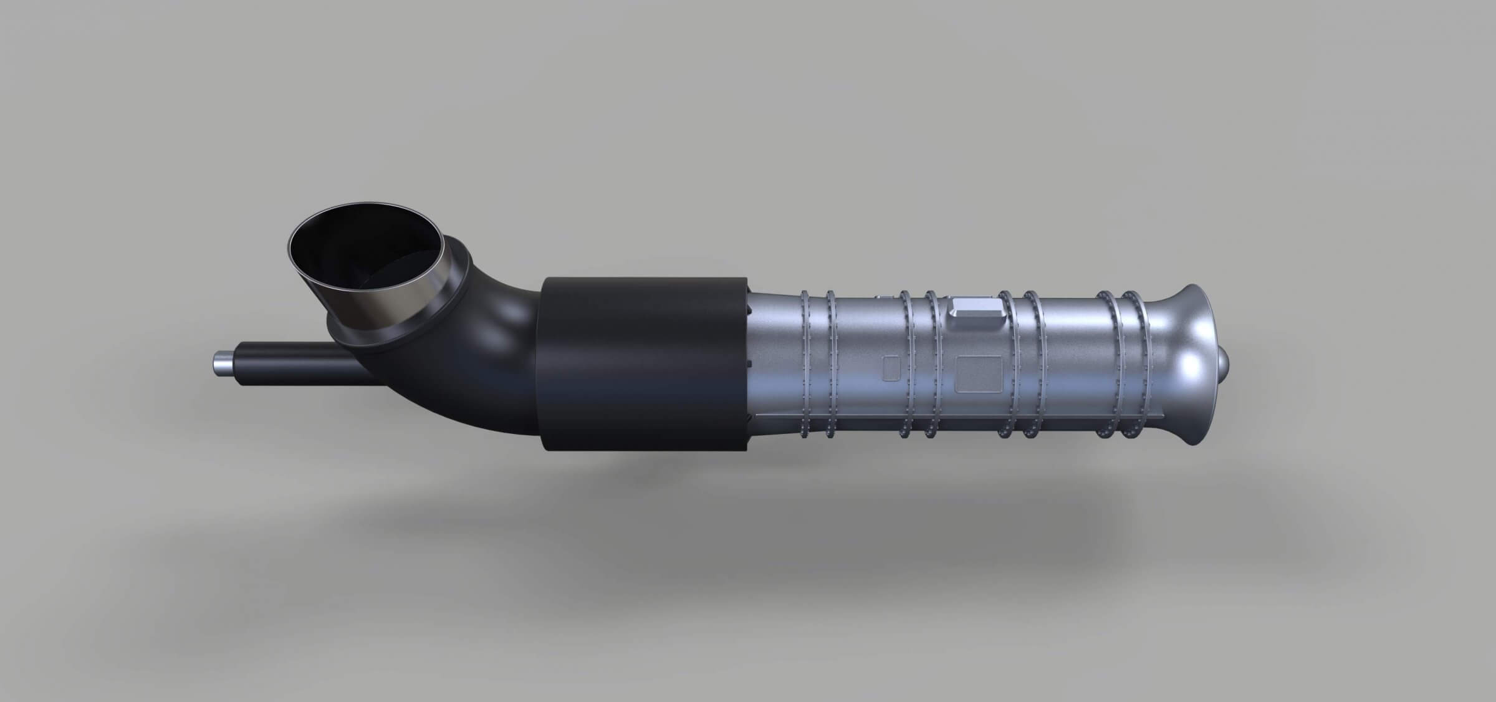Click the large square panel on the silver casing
(978, 373)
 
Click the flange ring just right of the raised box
(1005, 365)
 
